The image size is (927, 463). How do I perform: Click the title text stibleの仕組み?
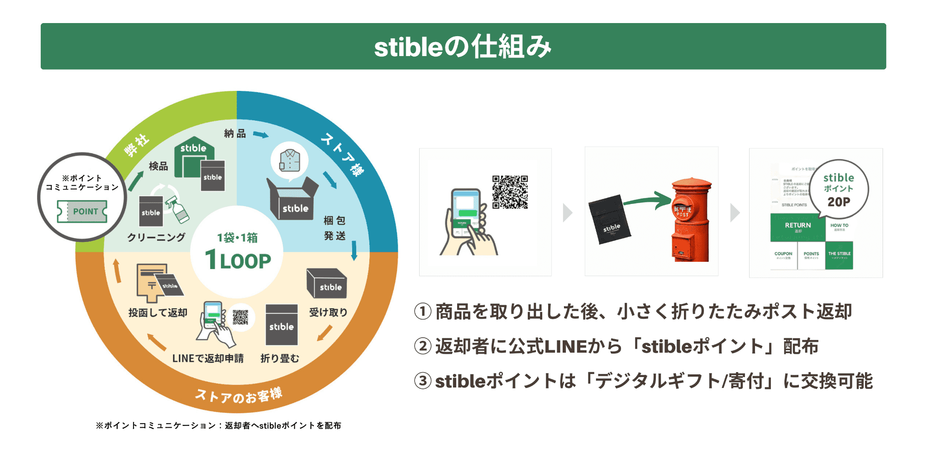click(x=463, y=47)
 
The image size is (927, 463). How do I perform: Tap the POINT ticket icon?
click(x=82, y=211)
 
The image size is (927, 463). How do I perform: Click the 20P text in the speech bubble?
click(x=839, y=202)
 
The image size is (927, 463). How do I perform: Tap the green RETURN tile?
click(x=798, y=227)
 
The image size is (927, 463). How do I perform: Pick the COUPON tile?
click(x=784, y=255)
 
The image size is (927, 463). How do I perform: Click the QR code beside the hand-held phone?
click(x=510, y=192)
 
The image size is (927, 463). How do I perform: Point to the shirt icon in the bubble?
click(x=290, y=161)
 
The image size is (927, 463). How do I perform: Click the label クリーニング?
click(x=156, y=237)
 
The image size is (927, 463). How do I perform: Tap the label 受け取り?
click(x=328, y=312)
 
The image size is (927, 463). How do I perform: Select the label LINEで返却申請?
click(x=208, y=359)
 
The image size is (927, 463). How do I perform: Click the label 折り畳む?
click(x=280, y=359)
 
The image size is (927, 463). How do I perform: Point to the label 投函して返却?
click(x=158, y=312)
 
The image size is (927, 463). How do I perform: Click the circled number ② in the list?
click(x=423, y=346)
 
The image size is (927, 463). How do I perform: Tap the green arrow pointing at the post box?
click(x=647, y=200)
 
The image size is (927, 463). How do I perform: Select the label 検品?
click(x=158, y=166)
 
